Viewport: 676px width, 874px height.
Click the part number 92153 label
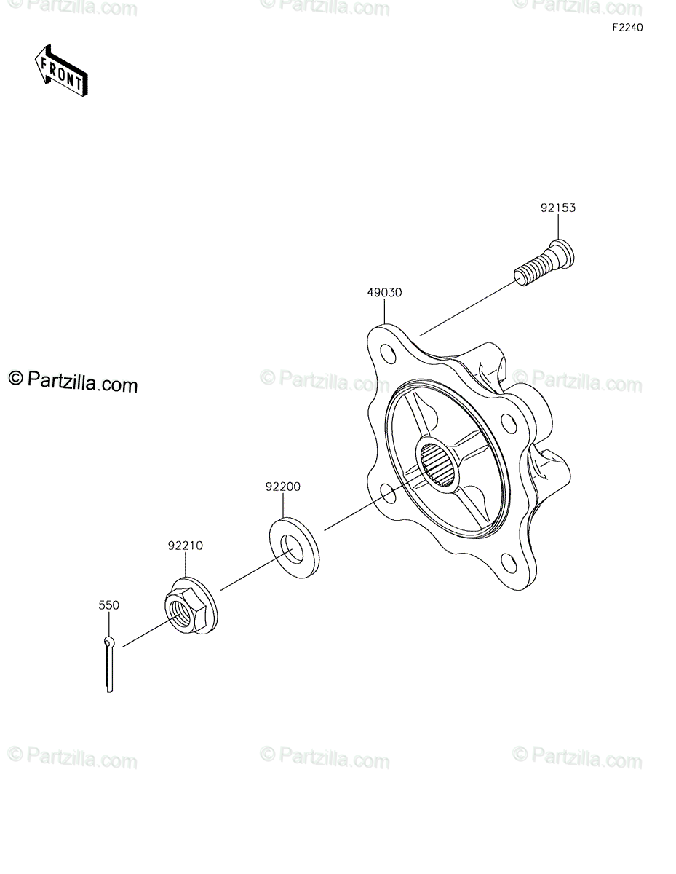[x=557, y=208]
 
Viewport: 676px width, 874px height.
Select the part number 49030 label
[x=384, y=292]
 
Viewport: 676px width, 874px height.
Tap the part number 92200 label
[x=283, y=487]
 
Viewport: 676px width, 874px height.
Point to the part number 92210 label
[x=186, y=546]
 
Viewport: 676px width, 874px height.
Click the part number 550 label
[x=109, y=605]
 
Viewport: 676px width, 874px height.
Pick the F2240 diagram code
[x=627, y=28]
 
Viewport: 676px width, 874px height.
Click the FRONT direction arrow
[x=61, y=71]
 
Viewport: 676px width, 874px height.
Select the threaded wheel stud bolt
[x=544, y=262]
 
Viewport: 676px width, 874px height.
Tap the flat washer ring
[x=294, y=548]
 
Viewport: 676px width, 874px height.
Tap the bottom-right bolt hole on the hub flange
[x=509, y=564]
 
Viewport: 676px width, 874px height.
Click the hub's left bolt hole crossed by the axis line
[x=388, y=495]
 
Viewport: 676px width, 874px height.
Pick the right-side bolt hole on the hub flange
[x=509, y=422]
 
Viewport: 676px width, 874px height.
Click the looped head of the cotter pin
[x=109, y=641]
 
